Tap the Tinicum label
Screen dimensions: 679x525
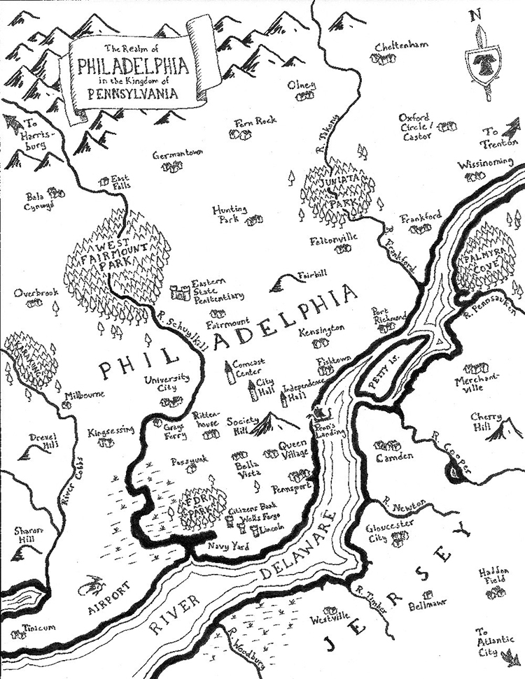pos(39,628)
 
